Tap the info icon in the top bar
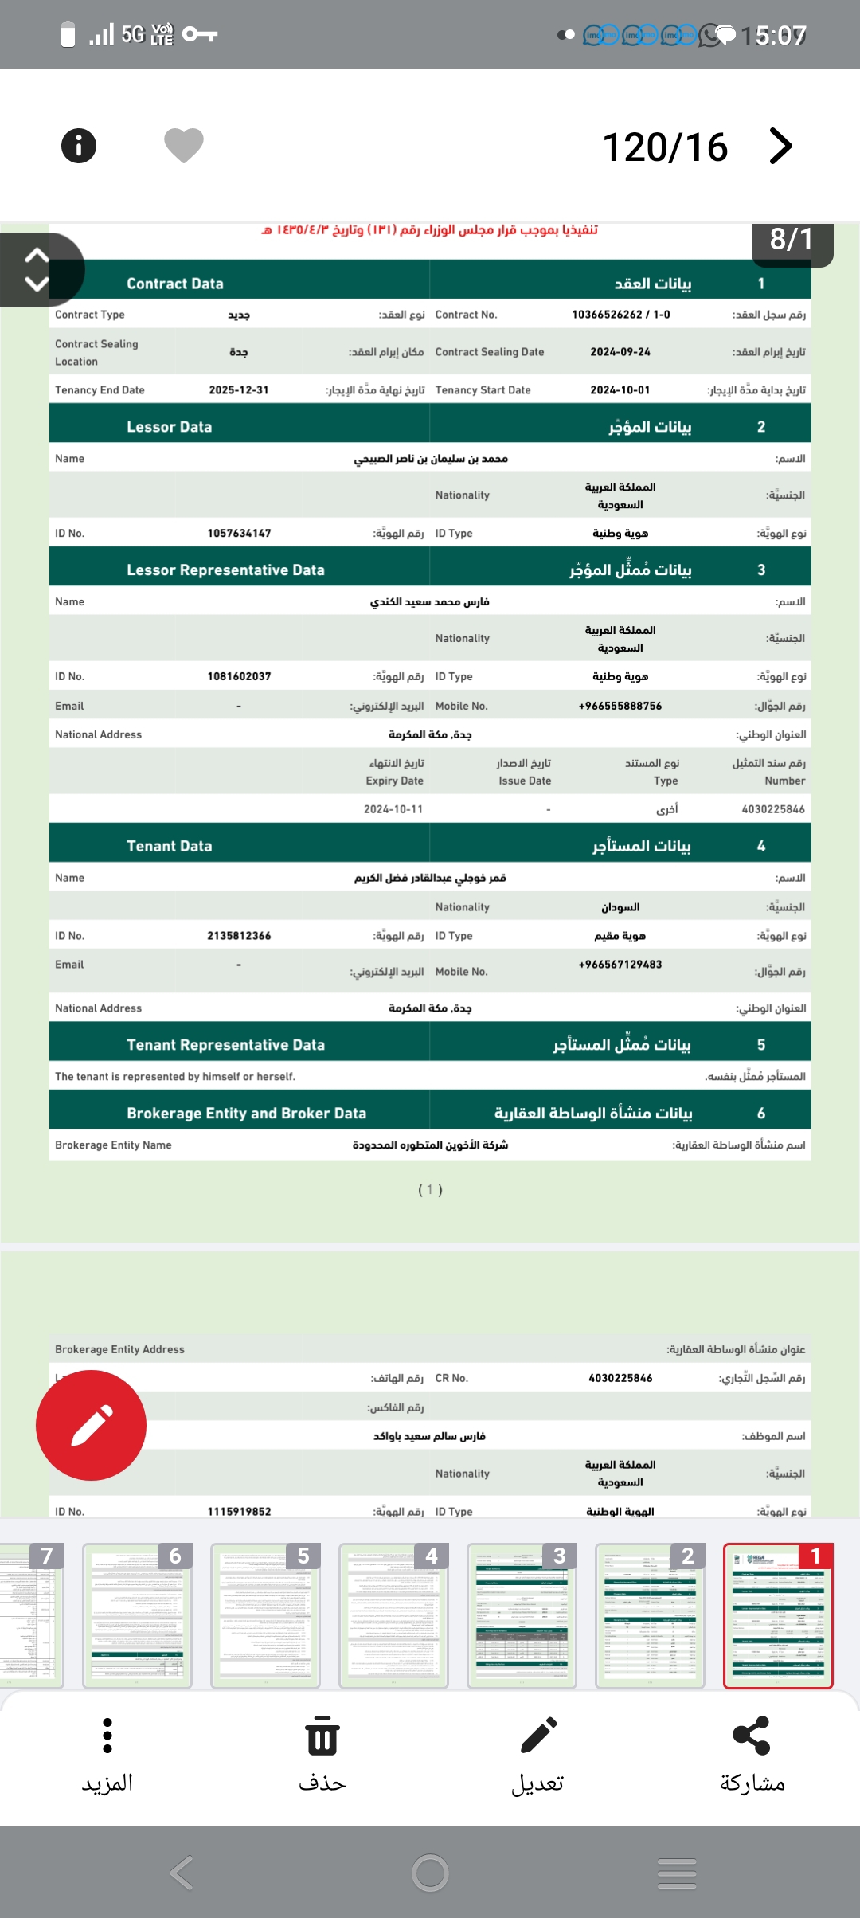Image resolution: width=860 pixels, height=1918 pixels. (x=79, y=146)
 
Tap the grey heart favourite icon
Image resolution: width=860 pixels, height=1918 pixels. (x=184, y=145)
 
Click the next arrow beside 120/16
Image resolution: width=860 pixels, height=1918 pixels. (x=781, y=146)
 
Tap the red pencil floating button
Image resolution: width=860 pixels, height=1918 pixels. (x=92, y=1425)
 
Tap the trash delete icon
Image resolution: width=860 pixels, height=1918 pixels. (x=322, y=1736)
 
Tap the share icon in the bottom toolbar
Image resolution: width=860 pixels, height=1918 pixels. (x=752, y=1736)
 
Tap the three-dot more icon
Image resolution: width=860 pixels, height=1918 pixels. (x=107, y=1736)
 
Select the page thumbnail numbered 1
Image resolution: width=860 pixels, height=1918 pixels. (x=778, y=1615)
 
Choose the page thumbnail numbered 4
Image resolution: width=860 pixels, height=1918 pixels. (x=393, y=1615)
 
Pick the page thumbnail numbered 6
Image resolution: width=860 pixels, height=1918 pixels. (x=137, y=1615)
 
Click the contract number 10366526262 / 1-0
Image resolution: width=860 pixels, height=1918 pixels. (x=621, y=315)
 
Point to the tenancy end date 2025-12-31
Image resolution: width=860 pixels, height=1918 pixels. (x=239, y=390)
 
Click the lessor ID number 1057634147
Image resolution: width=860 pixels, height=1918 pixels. (x=239, y=534)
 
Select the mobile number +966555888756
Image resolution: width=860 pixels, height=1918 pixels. (x=620, y=707)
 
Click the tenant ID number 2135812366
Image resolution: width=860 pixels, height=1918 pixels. (x=239, y=936)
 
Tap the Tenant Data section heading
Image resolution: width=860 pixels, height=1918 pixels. (x=170, y=846)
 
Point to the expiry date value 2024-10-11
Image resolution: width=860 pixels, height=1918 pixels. (x=393, y=809)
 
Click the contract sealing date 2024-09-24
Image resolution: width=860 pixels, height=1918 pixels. (x=620, y=352)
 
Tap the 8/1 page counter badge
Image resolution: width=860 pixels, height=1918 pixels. (x=792, y=240)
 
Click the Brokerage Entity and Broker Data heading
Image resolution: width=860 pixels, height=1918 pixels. (x=246, y=1114)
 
